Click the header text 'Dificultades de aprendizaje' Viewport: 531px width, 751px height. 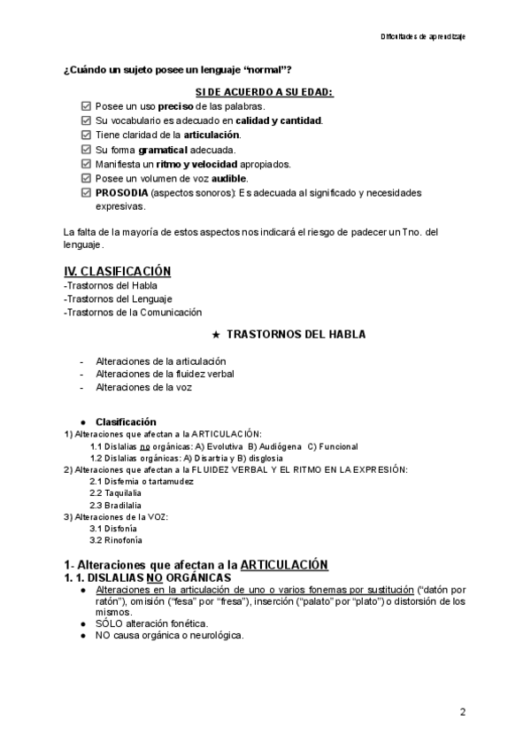(423, 37)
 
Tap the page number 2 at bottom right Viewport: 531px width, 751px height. (463, 711)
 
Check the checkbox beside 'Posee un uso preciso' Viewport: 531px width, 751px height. (85, 106)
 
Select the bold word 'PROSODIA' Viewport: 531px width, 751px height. (122, 192)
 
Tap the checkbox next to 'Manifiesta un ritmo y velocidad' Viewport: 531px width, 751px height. (85, 164)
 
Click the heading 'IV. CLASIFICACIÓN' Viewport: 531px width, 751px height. (117, 270)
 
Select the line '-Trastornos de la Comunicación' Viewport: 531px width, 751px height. (133, 312)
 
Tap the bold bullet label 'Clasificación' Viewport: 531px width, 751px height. (126, 421)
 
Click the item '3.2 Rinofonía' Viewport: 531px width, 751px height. (116, 539)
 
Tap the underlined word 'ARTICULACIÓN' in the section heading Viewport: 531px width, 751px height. (283, 564)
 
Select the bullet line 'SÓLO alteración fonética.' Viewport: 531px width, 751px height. (153, 623)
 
